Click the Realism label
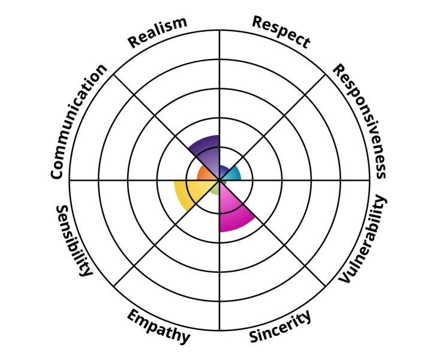tap(157, 32)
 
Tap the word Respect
tap(281, 32)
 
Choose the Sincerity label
tap(280, 326)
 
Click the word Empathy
tap(158, 326)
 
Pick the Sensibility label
tap(74, 241)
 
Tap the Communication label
tap(78, 121)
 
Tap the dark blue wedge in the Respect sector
tap(224, 171)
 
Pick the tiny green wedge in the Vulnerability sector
tap(223, 182)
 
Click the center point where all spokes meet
tap(220, 180)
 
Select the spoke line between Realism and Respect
tap(220, 105)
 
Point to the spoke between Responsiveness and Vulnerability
tap(294, 180)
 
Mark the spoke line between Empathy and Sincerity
tap(220, 255)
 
